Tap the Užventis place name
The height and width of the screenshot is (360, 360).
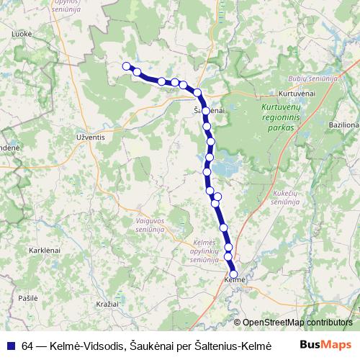pyautogui.click(x=91, y=135)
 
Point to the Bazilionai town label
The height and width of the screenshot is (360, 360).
pyautogui.click(x=343, y=125)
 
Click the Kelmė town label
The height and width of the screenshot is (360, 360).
pyautogui.click(x=235, y=279)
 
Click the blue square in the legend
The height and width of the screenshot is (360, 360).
pyautogui.click(x=12, y=345)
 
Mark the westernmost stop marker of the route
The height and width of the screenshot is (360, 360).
pyautogui.click(x=127, y=66)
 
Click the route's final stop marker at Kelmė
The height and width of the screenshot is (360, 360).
pyautogui.click(x=233, y=273)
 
